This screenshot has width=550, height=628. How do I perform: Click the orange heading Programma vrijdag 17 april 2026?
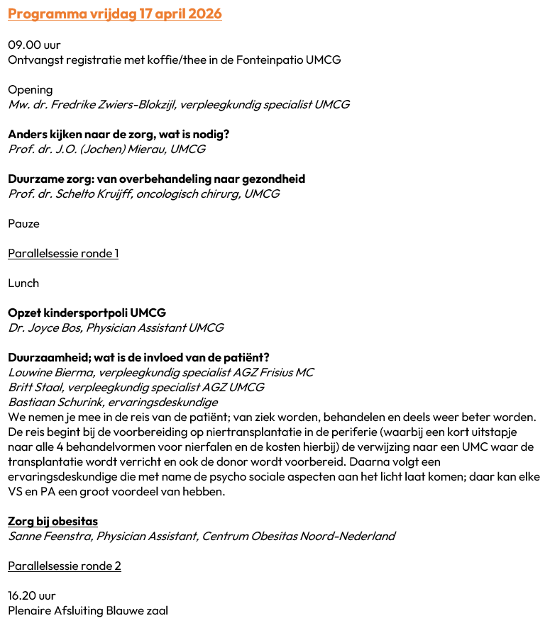pos(115,14)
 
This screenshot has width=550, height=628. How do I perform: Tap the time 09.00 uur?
pos(34,45)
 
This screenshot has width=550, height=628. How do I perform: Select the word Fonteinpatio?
pos(268,60)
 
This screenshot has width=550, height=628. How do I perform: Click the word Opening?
pos(30,90)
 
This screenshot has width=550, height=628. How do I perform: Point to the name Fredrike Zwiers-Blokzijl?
pos(114,105)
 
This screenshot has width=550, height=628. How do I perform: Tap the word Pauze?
pos(23,224)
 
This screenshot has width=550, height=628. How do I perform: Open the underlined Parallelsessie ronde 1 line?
pos(63,254)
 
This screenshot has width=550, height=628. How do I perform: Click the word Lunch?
pos(23,284)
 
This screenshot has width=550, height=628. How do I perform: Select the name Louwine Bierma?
pos(50,373)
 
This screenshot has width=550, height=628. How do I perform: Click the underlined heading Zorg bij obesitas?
pos(53,522)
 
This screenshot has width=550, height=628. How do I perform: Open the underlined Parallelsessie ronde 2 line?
pos(65,566)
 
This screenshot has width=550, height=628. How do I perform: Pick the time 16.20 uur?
pos(32,596)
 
